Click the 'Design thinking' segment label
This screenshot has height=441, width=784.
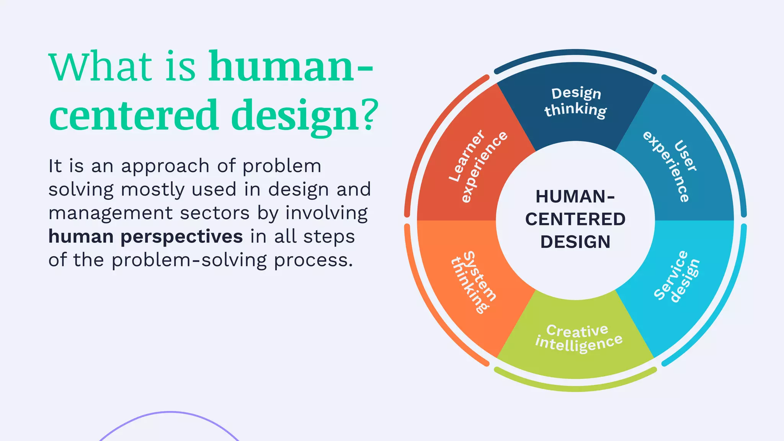click(x=575, y=102)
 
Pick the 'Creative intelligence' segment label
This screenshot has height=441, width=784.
click(x=578, y=337)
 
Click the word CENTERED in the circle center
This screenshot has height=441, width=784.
click(x=575, y=219)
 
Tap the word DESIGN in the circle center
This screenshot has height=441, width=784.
click(x=575, y=242)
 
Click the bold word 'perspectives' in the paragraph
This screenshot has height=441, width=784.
click(x=182, y=237)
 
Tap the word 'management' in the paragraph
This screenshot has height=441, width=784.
click(x=111, y=213)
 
